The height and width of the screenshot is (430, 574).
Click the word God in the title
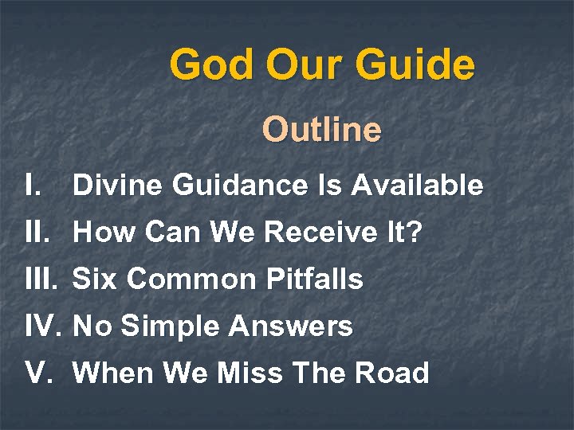[212, 64]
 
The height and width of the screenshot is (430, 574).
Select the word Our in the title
[305, 64]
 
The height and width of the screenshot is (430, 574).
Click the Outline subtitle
[322, 130]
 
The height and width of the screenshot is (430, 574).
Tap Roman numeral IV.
[44, 326]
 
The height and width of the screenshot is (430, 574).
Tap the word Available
[418, 186]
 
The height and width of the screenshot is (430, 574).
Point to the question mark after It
[414, 233]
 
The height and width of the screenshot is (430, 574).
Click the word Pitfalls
[311, 279]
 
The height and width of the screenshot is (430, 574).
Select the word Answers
[290, 326]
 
